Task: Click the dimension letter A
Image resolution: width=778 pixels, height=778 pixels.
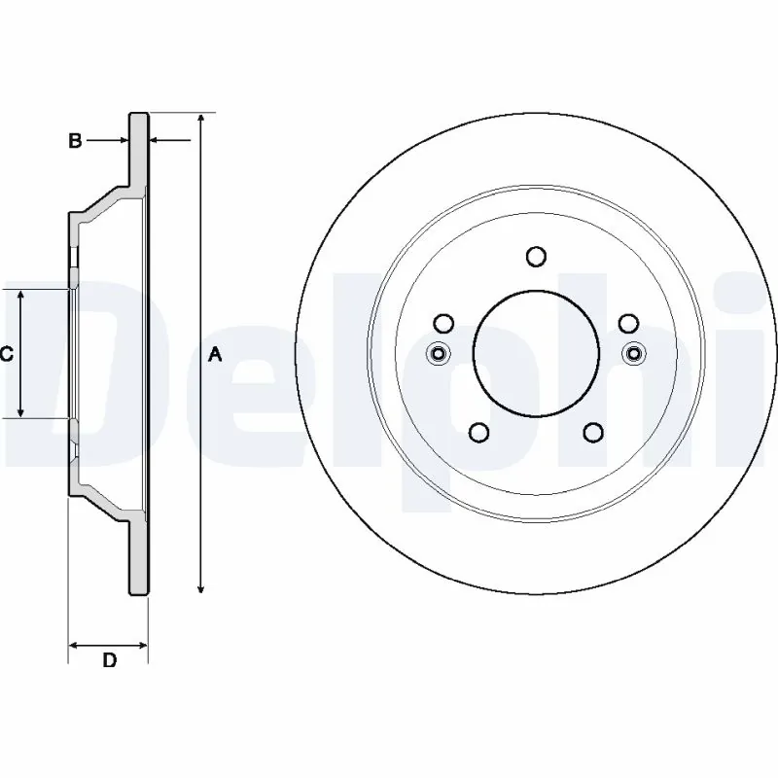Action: [216, 356]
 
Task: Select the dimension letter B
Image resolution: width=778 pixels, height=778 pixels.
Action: [75, 142]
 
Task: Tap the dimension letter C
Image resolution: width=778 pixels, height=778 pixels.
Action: [6, 355]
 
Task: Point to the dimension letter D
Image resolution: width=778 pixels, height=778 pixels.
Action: [110, 661]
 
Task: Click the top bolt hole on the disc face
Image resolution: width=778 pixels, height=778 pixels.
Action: [536, 256]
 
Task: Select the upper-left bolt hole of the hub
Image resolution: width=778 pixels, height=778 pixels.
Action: [443, 323]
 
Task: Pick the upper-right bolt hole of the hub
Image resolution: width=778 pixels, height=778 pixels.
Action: [628, 323]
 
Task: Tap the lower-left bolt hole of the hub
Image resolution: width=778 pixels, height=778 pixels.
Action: [478, 432]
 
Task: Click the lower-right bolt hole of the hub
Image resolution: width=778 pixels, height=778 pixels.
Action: [593, 432]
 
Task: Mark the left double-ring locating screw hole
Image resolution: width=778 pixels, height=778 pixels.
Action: [439, 353]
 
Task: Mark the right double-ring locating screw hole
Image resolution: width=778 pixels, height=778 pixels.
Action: [634, 353]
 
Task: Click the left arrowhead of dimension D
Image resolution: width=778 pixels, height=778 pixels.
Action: [74, 644]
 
